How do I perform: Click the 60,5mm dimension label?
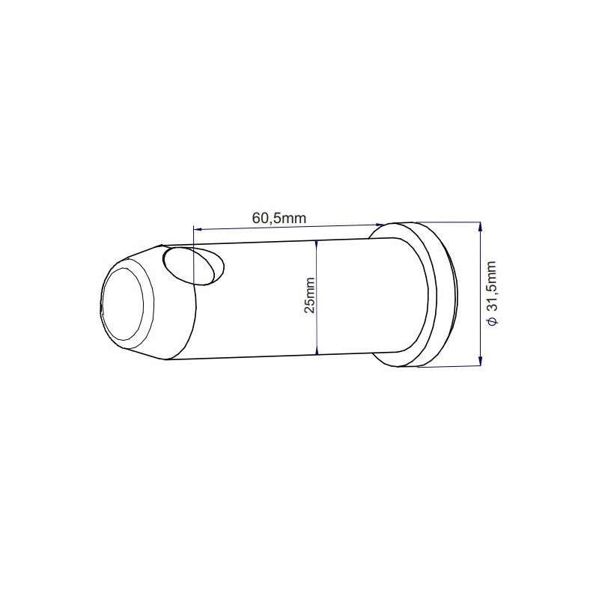pos(279,218)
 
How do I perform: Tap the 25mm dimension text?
pos(309,295)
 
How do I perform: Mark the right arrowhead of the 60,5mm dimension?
pos(380,223)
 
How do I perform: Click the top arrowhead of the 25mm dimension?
pos(317,244)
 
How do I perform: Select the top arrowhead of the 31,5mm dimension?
pos(479,225)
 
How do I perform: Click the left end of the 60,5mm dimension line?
pos(194,229)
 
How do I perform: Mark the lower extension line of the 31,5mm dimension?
pos(449,367)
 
